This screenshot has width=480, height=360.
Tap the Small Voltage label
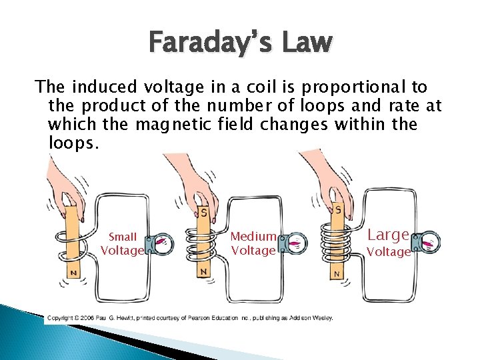coord(122,243)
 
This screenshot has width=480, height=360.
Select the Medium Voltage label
coord(253,243)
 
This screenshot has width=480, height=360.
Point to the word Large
coord(387,235)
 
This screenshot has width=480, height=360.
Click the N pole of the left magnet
coord(73,273)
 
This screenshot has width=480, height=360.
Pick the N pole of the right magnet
coord(337,273)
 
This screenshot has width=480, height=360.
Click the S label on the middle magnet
coord(203,213)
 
